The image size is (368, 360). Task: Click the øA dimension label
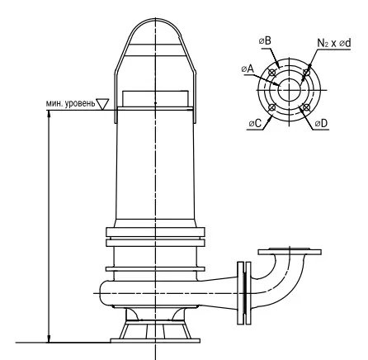248,69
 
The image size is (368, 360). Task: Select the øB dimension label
265,41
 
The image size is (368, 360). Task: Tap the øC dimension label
255,123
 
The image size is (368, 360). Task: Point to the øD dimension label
321,123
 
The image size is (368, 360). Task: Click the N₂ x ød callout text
334,43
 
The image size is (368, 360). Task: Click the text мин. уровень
70,103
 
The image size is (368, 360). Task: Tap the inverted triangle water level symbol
102,104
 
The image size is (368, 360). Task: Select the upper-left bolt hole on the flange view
272,73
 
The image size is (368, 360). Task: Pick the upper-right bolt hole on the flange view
306,73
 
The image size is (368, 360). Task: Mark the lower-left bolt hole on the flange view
272,107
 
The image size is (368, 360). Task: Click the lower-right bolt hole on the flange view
306,107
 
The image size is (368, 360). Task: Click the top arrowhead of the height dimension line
49,114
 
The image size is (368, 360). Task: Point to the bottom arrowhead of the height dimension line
49,339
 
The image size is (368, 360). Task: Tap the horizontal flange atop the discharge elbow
290,252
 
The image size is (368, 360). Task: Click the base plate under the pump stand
155,341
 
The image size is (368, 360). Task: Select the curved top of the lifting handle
156,20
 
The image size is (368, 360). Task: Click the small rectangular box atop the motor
155,98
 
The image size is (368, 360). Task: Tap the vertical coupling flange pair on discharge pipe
244,292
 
